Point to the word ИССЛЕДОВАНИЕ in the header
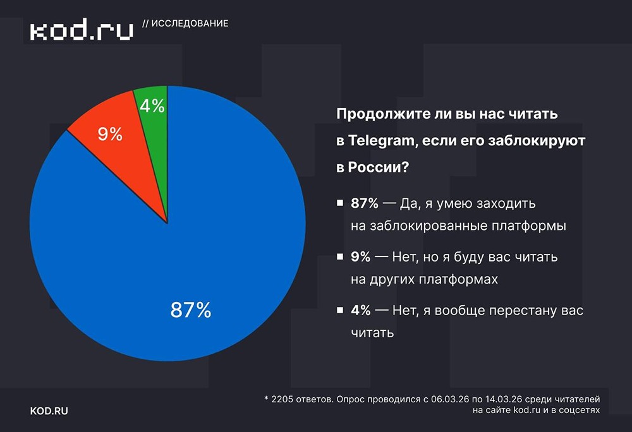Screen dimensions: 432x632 click(x=190, y=23)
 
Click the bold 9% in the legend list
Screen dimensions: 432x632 click(x=360, y=258)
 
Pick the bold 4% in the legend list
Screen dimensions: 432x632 click(x=360, y=311)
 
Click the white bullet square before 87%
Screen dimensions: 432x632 click(x=340, y=204)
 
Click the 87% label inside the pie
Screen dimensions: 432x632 click(x=190, y=310)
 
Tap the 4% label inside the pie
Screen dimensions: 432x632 click(x=152, y=106)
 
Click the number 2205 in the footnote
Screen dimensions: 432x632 click(x=282, y=399)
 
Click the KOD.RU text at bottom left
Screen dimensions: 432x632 click(x=49, y=411)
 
